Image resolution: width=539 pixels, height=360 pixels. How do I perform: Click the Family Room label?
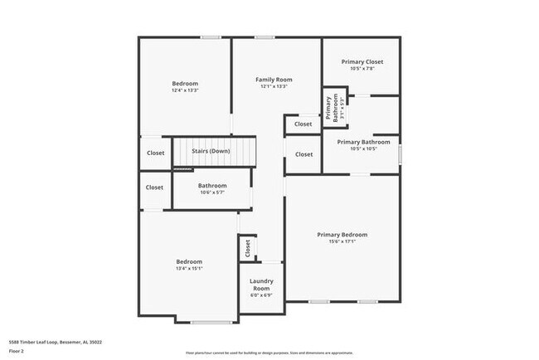click(x=274, y=80)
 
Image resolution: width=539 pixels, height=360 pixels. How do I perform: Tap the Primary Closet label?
click(x=361, y=61)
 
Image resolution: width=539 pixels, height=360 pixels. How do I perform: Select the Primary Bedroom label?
click(x=342, y=235)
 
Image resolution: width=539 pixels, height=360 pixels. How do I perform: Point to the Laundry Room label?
click(x=261, y=285)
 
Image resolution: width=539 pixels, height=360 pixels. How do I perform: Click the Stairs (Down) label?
click(x=211, y=151)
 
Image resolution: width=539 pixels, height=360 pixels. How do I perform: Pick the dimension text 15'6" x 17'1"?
click(x=342, y=242)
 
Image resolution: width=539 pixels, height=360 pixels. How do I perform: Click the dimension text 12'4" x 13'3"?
click(x=185, y=90)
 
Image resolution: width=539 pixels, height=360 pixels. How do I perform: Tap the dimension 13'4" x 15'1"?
click(x=189, y=269)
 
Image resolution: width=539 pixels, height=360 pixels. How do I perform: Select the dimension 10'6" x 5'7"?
click(x=212, y=192)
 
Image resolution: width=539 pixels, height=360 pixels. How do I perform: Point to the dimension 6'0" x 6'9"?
click(x=261, y=295)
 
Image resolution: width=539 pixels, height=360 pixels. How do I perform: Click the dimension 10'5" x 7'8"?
click(x=361, y=69)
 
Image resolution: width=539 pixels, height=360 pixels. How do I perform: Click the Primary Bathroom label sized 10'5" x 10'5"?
click(x=361, y=142)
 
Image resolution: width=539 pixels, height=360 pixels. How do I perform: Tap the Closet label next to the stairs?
click(x=155, y=153)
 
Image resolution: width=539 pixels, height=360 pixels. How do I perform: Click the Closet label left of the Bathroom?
click(x=155, y=187)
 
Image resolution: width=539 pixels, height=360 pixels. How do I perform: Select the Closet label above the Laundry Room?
click(x=247, y=247)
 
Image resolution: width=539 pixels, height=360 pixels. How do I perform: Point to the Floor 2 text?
click(x=17, y=351)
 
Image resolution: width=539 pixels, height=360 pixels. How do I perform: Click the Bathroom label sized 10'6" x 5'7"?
click(x=212, y=185)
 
